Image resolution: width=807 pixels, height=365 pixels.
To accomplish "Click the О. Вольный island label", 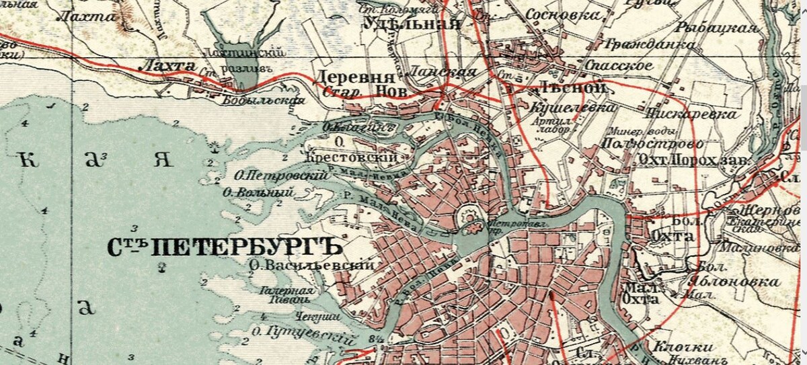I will [x=258, y=193].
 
